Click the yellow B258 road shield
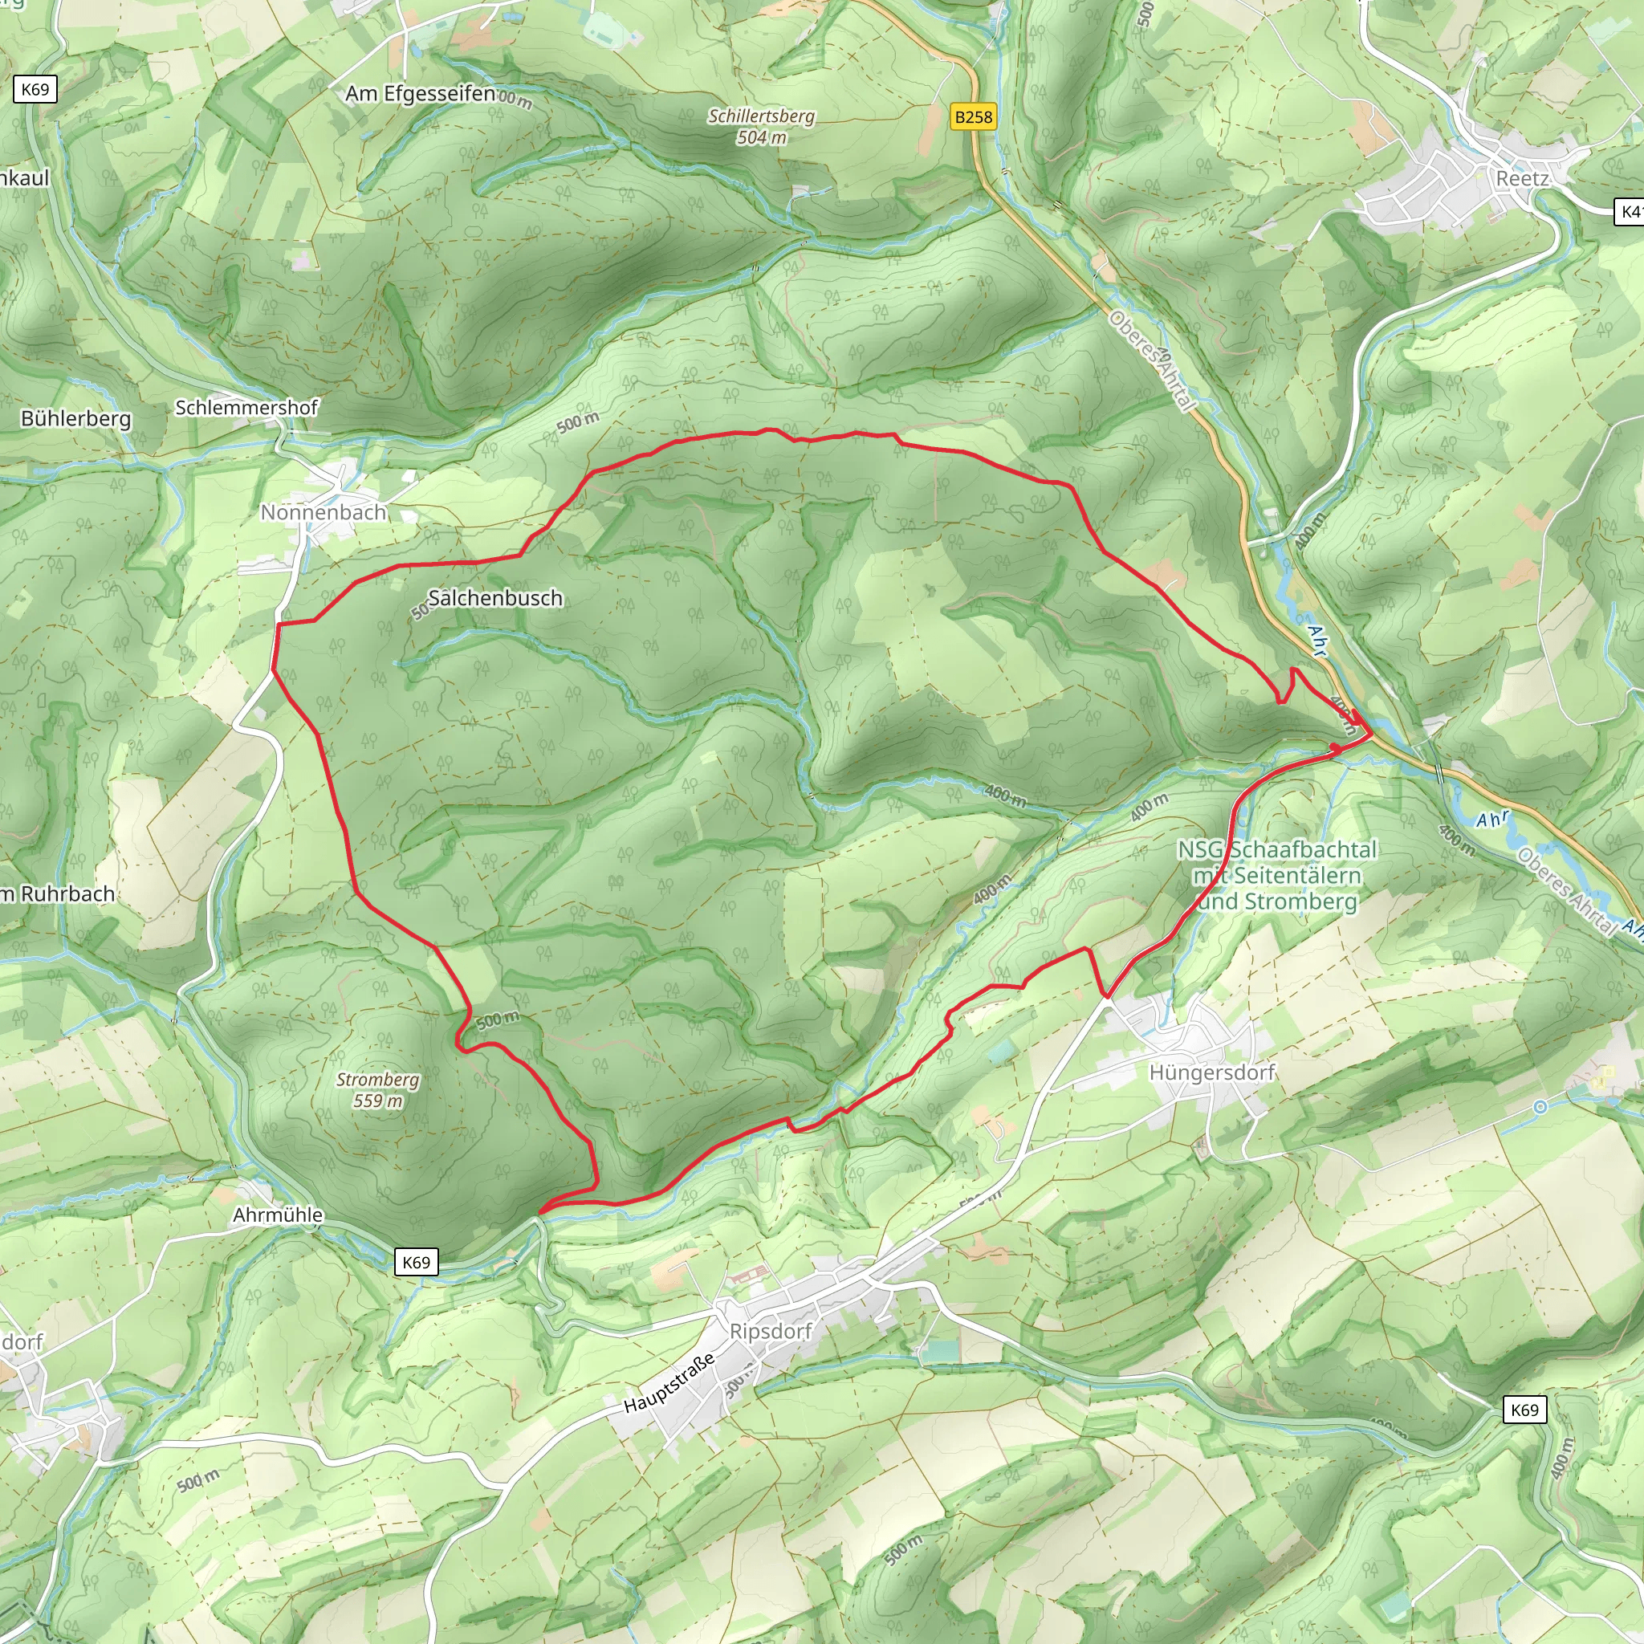[x=974, y=116]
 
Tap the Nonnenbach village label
[x=324, y=512]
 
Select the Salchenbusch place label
[x=495, y=598]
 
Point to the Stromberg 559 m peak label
[x=378, y=1090]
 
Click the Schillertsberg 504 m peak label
[x=762, y=126]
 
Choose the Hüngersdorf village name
[x=1211, y=1072]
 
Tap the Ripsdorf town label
[x=771, y=1331]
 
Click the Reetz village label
[x=1522, y=179]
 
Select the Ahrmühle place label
[x=279, y=1215]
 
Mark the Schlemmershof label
[x=246, y=408]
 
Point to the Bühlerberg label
[x=76, y=419]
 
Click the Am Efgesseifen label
[x=421, y=94]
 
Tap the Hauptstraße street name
[x=669, y=1385]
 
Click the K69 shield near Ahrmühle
[x=416, y=1262]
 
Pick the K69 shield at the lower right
[x=1524, y=1410]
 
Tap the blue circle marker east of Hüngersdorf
[x=1540, y=1106]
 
